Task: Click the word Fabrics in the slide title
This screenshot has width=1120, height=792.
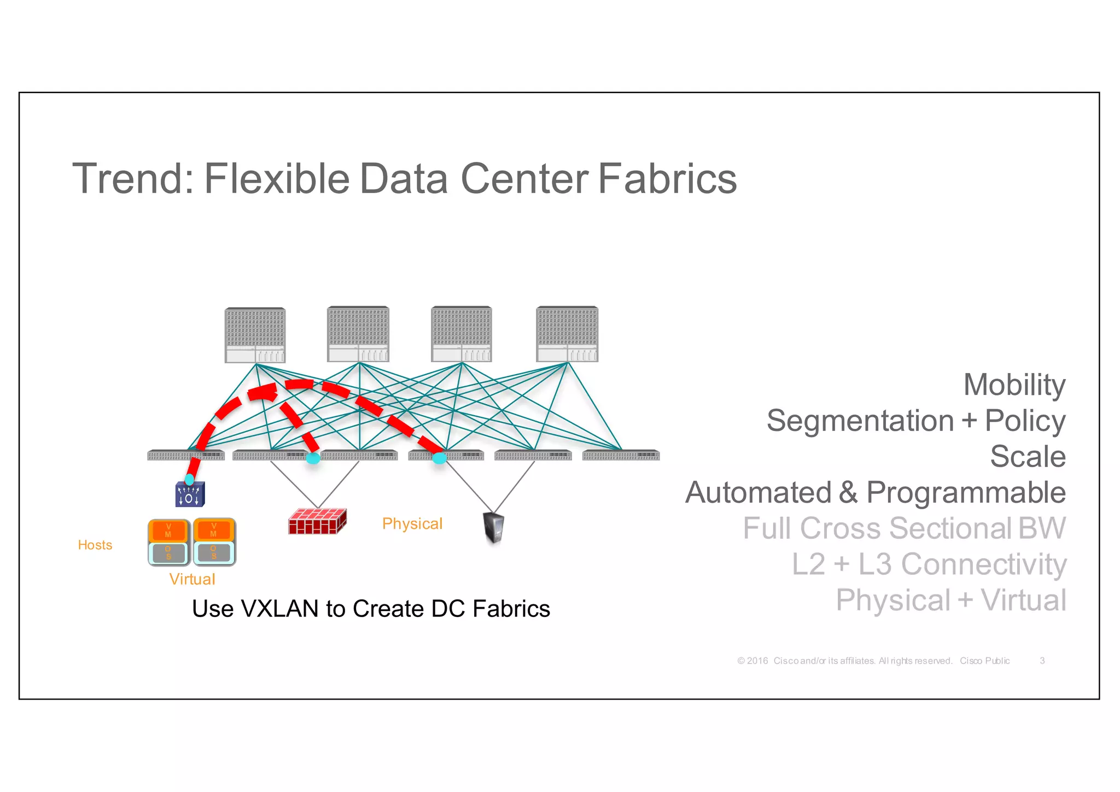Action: pyautogui.click(x=667, y=179)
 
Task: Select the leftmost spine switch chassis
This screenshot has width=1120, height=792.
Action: pyautogui.click(x=255, y=335)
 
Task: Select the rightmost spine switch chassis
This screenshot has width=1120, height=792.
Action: pyautogui.click(x=567, y=334)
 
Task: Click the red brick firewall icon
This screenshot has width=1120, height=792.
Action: pyautogui.click(x=317, y=521)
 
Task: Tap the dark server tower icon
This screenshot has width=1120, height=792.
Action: pyautogui.click(x=494, y=527)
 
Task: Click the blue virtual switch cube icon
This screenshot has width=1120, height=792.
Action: pyautogui.click(x=190, y=494)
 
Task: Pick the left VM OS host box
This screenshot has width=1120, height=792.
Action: pyautogui.click(x=168, y=542)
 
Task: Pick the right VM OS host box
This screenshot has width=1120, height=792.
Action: pyautogui.click(x=214, y=542)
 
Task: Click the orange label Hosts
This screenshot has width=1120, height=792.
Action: pyautogui.click(x=95, y=545)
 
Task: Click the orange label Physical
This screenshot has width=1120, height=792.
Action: pyautogui.click(x=412, y=523)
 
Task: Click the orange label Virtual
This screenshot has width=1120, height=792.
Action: pyautogui.click(x=192, y=579)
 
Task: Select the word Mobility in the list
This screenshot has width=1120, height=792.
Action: pyautogui.click(x=1014, y=385)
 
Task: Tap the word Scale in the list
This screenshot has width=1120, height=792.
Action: pyautogui.click(x=1028, y=456)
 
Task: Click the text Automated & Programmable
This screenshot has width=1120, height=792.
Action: pyautogui.click(x=875, y=492)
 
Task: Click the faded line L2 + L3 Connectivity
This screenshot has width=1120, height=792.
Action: pyautogui.click(x=929, y=564)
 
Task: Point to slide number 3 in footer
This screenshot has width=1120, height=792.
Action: pyautogui.click(x=1042, y=661)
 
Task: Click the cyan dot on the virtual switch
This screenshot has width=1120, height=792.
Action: pyautogui.click(x=189, y=480)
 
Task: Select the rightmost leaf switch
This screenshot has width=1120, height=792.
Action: pyautogui.click(x=621, y=455)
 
